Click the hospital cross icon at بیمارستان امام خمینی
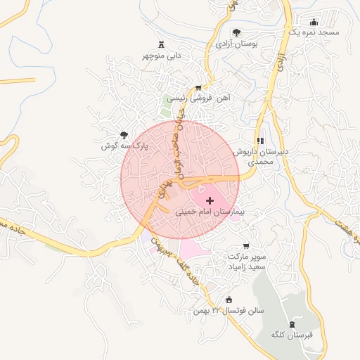point(210,201)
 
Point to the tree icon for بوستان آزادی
point(236,32)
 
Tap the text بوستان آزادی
point(236,44)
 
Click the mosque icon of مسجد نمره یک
point(314,22)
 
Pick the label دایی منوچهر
point(163,55)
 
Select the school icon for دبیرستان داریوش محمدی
point(261,141)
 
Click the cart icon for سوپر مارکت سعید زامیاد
point(245,246)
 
